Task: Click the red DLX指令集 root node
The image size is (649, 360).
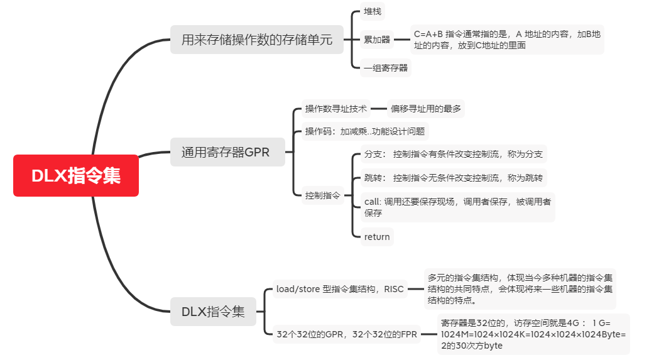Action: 76,175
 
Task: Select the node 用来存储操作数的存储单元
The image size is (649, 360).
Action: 257,40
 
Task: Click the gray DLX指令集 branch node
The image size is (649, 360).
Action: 213,312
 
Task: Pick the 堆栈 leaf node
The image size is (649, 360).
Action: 372,12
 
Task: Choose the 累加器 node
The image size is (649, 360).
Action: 377,40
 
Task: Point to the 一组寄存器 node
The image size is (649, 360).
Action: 386,68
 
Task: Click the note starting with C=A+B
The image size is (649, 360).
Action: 506,40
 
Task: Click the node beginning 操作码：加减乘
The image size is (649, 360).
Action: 365,131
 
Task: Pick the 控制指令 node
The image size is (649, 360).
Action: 322,195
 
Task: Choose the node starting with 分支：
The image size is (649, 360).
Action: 454,154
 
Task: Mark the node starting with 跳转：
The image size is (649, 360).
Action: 454,178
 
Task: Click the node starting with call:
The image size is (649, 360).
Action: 457,207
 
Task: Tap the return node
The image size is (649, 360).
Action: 377,237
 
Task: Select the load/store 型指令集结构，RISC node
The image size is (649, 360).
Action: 340,290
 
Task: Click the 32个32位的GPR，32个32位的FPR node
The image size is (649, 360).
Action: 346,334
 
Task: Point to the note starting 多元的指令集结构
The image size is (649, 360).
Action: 520,289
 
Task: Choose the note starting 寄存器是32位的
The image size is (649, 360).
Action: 533,334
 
